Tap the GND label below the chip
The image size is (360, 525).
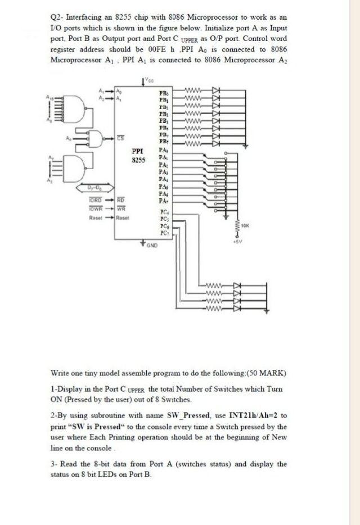152,246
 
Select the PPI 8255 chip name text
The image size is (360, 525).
138,155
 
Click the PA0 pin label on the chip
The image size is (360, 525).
164,151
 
